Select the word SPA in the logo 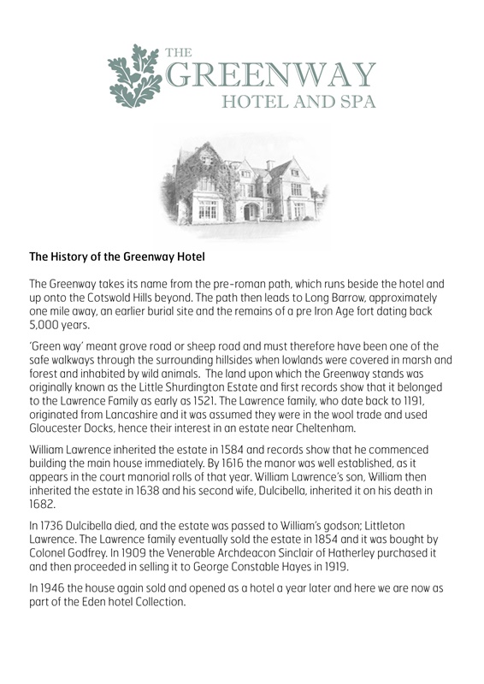(354, 104)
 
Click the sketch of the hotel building (242, 182)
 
